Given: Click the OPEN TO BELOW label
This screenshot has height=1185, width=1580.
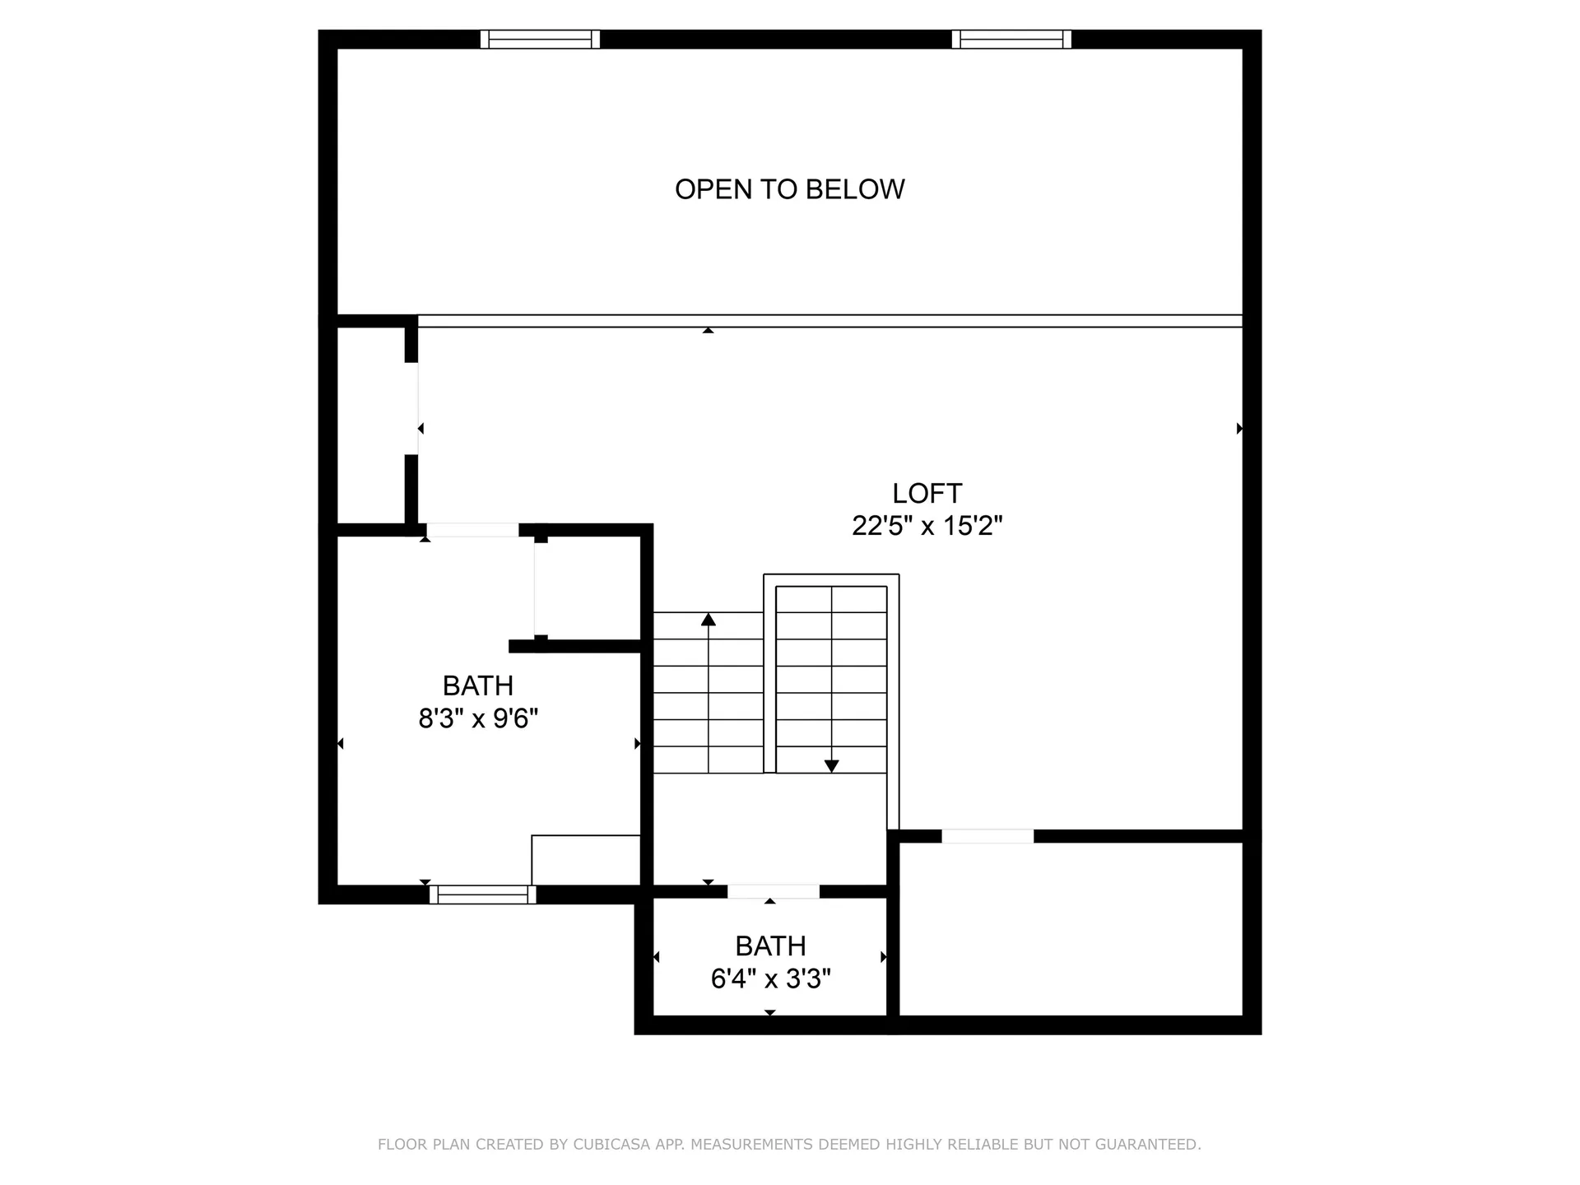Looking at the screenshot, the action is point(790,189).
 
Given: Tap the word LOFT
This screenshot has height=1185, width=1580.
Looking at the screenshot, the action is point(927,493).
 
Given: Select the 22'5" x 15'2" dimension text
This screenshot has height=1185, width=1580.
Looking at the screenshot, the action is point(927,526).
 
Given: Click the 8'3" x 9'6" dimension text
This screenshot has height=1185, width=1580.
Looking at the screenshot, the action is point(478,718).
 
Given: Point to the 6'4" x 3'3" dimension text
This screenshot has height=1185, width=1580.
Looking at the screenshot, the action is point(771,978).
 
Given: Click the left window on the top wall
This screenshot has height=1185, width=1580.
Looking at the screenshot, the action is point(540,39).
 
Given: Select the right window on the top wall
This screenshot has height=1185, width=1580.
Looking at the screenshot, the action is point(1011,39).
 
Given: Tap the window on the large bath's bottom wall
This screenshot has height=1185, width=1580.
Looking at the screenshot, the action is point(483,895).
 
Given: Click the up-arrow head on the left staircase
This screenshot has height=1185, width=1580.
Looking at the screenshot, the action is point(709,619).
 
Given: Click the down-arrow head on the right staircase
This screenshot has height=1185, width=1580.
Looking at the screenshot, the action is point(831,766).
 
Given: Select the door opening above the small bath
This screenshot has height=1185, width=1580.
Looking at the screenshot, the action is point(774,891).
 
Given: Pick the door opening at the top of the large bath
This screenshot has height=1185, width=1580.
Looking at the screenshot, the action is point(472,530).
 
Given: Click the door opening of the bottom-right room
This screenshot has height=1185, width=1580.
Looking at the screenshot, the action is point(987,836).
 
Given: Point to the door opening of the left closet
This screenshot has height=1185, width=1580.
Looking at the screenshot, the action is point(411,408).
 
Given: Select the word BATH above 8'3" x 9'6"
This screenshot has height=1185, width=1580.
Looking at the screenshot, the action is point(478,685).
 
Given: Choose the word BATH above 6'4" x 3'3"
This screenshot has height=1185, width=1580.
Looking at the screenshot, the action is point(771,946).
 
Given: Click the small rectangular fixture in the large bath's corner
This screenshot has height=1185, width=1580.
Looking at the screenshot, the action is point(586,860).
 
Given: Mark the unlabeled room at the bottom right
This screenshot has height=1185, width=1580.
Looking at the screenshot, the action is point(1071,929).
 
